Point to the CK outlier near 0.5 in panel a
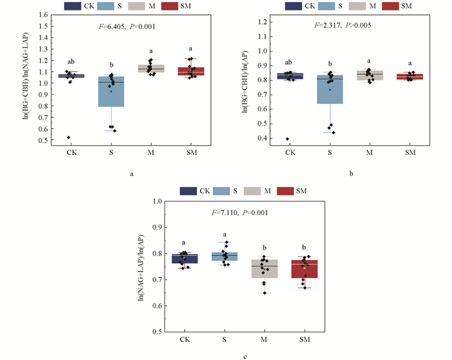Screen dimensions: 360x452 tap(68, 137)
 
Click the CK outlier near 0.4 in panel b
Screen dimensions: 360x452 tap(287, 139)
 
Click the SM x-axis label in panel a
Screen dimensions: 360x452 tap(192, 153)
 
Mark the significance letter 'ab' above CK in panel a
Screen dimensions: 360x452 tap(70, 63)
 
